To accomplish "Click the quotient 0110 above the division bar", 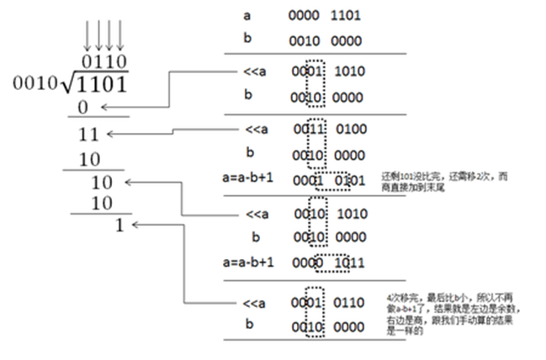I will coord(104,62).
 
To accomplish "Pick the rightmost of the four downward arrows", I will coord(120,34).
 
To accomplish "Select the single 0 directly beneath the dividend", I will coord(82,107).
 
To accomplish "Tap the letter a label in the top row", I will coord(246,14).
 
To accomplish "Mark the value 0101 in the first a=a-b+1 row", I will coord(350,180).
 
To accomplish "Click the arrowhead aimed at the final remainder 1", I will coord(135,225).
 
